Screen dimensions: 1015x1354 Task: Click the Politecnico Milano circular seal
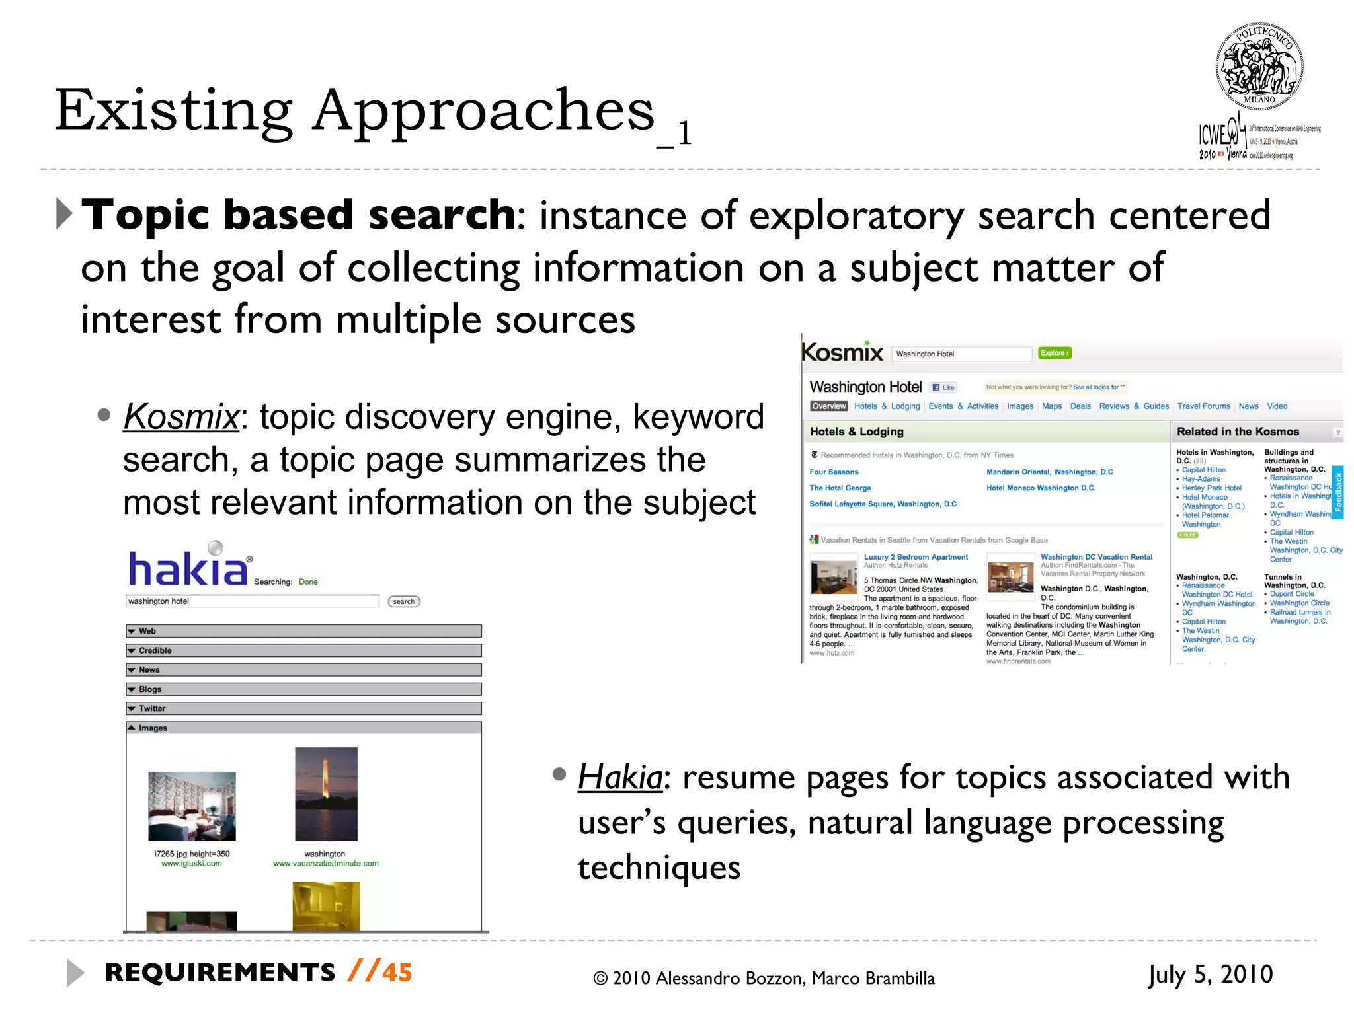1259,67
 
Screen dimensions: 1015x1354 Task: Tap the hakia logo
188,568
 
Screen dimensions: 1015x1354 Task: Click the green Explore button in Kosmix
1055,353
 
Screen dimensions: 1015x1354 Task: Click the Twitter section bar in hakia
303,708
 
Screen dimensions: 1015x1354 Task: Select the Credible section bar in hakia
303,650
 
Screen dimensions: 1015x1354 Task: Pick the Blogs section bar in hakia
303,689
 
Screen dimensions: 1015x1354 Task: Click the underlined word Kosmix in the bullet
180,417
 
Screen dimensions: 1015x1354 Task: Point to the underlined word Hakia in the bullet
619,777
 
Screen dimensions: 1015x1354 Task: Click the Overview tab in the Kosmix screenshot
828,406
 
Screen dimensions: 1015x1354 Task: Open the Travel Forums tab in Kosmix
1203,406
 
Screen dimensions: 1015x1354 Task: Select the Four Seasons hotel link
834,472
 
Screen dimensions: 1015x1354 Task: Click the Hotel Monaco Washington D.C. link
1041,488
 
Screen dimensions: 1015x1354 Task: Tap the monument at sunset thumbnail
326,794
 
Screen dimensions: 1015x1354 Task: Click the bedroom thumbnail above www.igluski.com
192,806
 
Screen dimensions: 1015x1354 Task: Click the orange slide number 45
397,973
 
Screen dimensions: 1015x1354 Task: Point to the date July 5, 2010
1210,974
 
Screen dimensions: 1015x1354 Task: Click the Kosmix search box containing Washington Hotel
961,354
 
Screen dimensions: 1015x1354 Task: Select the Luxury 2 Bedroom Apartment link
916,557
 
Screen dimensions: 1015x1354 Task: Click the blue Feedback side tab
1338,492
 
